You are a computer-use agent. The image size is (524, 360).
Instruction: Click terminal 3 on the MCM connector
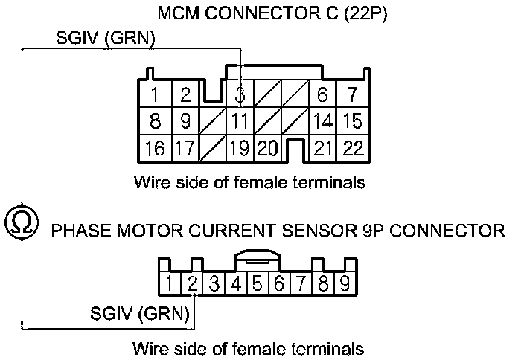tap(240, 95)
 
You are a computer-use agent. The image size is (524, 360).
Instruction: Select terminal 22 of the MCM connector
tap(353, 148)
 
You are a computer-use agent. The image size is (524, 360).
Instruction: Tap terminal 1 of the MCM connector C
tap(154, 95)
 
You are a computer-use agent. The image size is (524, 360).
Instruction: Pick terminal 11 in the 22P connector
tap(240, 120)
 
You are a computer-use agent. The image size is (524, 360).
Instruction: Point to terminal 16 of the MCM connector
tap(154, 148)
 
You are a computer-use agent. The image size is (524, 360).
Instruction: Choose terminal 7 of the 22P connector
tap(353, 95)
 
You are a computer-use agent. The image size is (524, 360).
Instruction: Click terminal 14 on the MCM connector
tap(322, 120)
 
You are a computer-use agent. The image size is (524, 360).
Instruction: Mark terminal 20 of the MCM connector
tap(267, 148)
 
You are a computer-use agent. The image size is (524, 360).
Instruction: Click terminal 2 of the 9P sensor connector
tap(192, 283)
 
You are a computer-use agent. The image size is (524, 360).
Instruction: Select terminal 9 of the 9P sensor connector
tap(345, 283)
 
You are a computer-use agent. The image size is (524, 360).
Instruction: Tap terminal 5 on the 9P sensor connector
tap(257, 283)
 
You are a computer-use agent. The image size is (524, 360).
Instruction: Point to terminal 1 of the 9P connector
tap(170, 283)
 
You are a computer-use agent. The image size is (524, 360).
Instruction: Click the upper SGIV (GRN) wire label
tap(106, 39)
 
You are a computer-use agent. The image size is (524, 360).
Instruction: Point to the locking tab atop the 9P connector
tap(257, 259)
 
